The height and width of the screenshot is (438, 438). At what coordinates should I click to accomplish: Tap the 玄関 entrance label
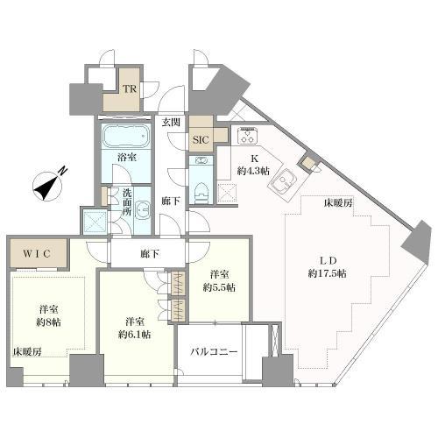coord(171,123)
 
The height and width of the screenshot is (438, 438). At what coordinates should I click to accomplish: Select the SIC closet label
coord(199,139)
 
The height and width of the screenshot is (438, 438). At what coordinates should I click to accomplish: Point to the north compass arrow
coord(45,186)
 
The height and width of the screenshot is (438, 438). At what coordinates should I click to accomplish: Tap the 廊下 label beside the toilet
coord(169,201)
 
